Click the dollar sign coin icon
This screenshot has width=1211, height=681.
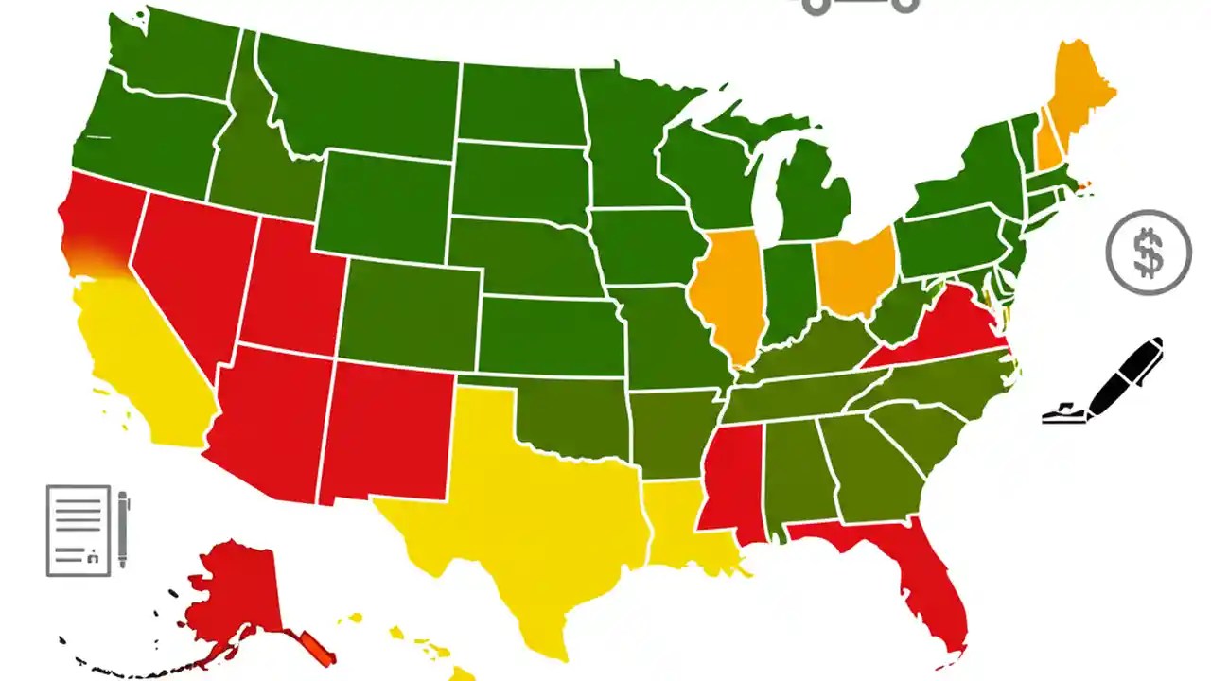pos(1149,253)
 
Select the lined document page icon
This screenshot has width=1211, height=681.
pos(79,530)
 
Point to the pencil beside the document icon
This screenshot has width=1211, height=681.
pos(123,530)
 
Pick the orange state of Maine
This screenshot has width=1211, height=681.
pos(1079,90)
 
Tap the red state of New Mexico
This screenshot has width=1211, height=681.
pos(383,430)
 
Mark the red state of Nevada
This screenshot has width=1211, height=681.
pos(189,274)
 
